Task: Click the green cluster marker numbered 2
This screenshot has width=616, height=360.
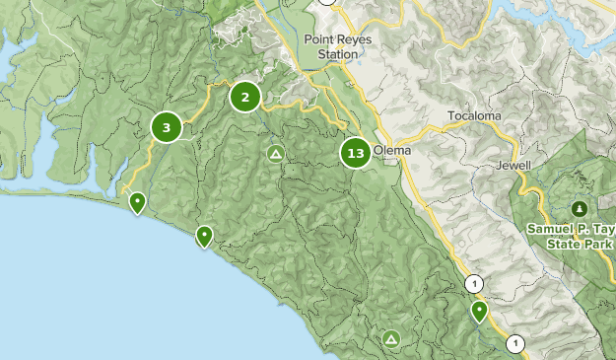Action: click(244, 97)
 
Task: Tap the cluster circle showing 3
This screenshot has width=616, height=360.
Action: click(167, 127)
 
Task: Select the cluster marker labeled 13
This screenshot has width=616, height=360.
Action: click(356, 153)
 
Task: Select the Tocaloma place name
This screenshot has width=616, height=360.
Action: click(474, 116)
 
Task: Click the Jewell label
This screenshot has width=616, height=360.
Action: click(514, 165)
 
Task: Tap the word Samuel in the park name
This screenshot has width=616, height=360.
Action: click(548, 228)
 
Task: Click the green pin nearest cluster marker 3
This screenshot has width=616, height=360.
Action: click(138, 203)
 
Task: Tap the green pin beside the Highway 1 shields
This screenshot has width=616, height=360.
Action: click(479, 311)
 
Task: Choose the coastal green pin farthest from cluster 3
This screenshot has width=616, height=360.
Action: click(204, 235)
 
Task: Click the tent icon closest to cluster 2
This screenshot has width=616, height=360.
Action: click(276, 153)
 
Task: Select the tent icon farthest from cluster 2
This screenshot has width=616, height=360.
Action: click(392, 338)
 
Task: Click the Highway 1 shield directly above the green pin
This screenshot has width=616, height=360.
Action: click(476, 284)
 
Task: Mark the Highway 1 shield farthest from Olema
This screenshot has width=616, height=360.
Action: click(514, 343)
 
